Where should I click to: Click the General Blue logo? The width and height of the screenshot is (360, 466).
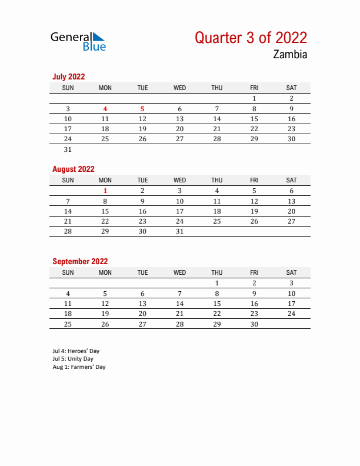(x=78, y=41)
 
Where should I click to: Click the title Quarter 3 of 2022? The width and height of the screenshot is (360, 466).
(x=251, y=38)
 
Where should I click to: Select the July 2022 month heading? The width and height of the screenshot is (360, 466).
(x=68, y=76)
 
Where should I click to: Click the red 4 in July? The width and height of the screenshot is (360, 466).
(x=105, y=109)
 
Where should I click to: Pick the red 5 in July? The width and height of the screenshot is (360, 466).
(x=142, y=109)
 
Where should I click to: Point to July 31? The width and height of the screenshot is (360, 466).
(x=68, y=149)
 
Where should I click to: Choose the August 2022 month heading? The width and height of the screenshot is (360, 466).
(x=74, y=169)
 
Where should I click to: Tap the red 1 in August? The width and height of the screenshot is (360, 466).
(x=105, y=191)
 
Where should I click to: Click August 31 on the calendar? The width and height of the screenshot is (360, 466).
(x=179, y=231)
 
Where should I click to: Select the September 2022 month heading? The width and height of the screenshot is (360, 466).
(x=80, y=261)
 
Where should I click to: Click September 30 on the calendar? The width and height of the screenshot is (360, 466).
(x=254, y=324)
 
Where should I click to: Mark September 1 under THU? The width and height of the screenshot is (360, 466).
(x=217, y=283)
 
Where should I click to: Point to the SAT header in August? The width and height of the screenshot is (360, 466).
(x=291, y=180)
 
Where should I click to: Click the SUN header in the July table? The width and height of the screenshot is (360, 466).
(x=68, y=88)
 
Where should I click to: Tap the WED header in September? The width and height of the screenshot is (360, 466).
(x=179, y=272)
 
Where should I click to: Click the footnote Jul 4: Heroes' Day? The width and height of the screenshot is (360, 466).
(x=76, y=351)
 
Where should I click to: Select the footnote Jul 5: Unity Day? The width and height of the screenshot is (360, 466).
(x=73, y=359)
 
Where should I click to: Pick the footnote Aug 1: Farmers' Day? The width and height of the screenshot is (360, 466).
(x=79, y=367)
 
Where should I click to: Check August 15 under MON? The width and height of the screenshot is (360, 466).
(x=105, y=211)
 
